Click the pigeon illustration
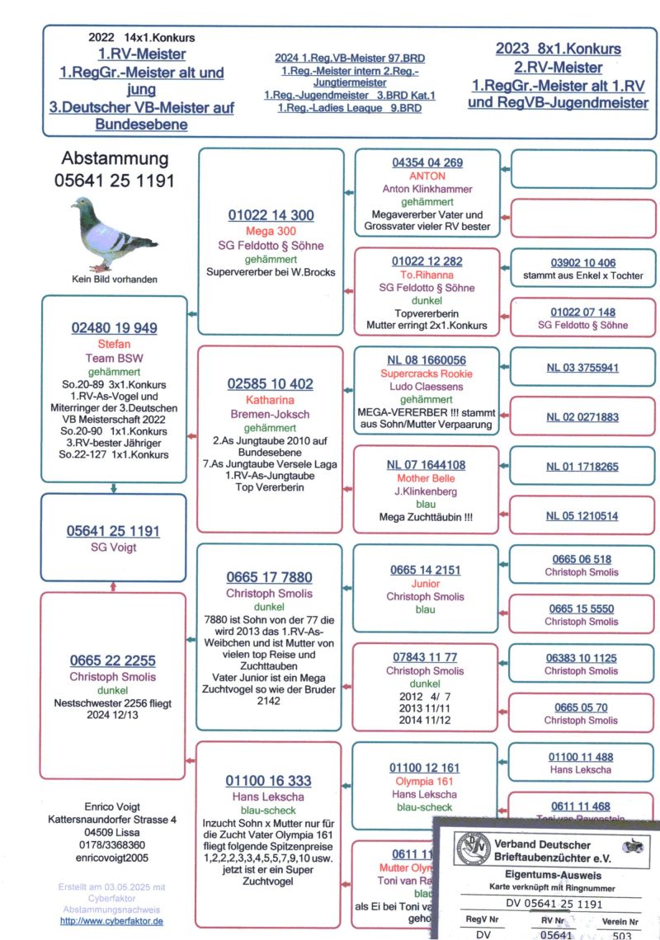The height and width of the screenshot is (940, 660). coord(113,233)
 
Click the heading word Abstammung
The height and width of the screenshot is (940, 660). coord(115,159)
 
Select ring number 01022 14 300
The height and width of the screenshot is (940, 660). coord(271,216)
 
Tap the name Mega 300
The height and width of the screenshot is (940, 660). coord(271,231)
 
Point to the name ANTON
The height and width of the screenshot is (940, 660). coord(427,176)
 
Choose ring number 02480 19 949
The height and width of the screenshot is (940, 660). coord(114,328)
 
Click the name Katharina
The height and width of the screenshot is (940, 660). coord(270,398)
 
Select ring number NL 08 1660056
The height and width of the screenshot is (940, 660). coord(427,360)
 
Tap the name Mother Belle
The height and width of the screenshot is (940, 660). coord(427,478)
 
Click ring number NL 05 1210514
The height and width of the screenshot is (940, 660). coord(582,516)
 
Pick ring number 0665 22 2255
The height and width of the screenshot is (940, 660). coord(114,660)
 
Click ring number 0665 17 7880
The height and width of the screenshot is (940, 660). coord(270,577)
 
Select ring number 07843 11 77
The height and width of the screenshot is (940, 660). coord(426,657)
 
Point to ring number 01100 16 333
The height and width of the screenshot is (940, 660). coord(270,781)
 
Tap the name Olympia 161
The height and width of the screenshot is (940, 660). coord(426,781)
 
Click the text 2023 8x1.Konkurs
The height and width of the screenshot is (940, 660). coord(559,49)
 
